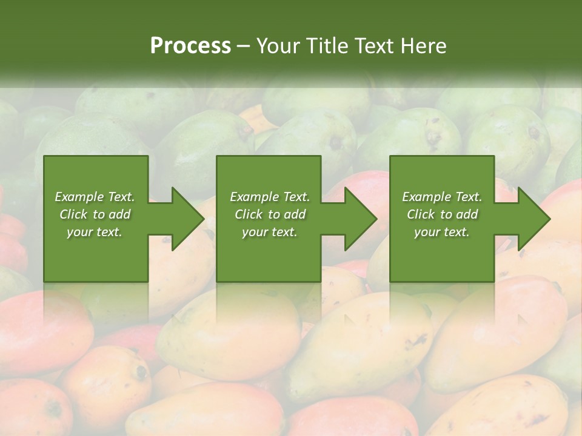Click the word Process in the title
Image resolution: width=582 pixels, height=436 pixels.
190,46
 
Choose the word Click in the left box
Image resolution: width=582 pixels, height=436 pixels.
73,214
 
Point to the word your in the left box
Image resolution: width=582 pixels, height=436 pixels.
79,232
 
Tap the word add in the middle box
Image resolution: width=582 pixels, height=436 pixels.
295,214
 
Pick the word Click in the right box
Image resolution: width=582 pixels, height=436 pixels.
421,214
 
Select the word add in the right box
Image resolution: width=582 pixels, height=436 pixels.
467,214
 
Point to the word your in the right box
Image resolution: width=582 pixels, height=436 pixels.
427,232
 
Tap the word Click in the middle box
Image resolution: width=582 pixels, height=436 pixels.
249,214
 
